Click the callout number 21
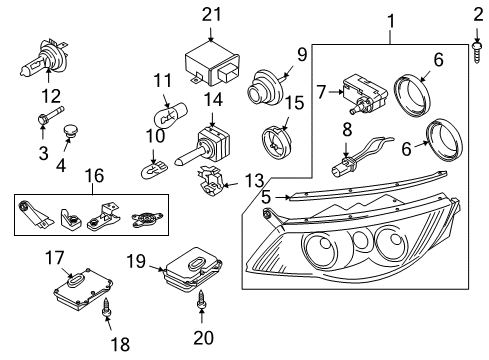tap(211, 15)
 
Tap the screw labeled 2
tap(477, 52)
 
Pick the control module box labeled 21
tap(212, 63)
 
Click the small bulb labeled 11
tap(170, 115)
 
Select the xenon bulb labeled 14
tap(202, 145)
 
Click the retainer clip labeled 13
tap(210, 181)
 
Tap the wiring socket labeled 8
tap(362, 155)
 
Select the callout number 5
tap(266, 197)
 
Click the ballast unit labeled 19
tap(193, 270)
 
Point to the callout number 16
tap(95, 176)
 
